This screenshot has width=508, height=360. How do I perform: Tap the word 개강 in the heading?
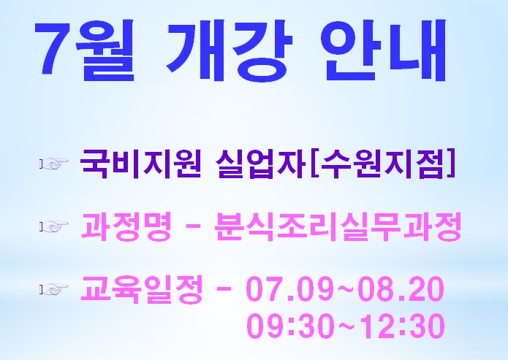point(230,50)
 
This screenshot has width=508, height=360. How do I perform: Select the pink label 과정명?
point(126,226)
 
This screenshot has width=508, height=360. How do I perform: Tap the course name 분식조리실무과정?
point(338,226)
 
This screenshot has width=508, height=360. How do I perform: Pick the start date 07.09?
point(289,288)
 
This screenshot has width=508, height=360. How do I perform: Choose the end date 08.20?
point(401,288)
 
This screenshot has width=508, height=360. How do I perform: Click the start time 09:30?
point(290,326)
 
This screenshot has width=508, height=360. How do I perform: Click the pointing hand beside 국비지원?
point(54,164)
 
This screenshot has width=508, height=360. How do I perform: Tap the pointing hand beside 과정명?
point(54,226)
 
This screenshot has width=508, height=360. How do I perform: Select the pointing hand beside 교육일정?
point(54,289)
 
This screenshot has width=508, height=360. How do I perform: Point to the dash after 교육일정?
point(224,290)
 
